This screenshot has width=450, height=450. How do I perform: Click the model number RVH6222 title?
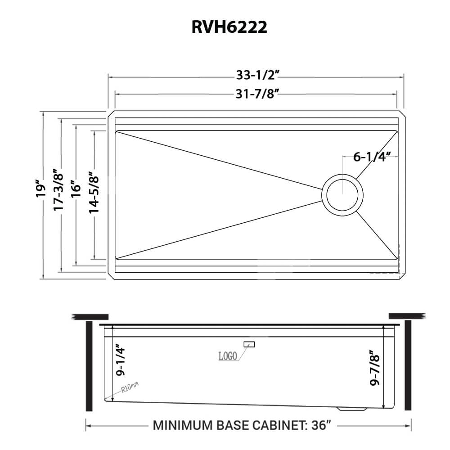[x=229, y=27]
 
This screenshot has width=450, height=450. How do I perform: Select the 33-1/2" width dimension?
[x=255, y=76]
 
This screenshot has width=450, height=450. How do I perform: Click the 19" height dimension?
[x=41, y=189]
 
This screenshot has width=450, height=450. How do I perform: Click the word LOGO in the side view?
[x=228, y=356]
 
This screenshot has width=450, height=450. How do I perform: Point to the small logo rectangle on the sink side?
[x=249, y=344]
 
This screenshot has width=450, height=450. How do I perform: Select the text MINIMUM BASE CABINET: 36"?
[x=243, y=425]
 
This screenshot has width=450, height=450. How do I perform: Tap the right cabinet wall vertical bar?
[x=408, y=365]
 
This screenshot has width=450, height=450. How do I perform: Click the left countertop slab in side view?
[x=90, y=316]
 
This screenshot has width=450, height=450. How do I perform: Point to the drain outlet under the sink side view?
[x=352, y=409]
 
